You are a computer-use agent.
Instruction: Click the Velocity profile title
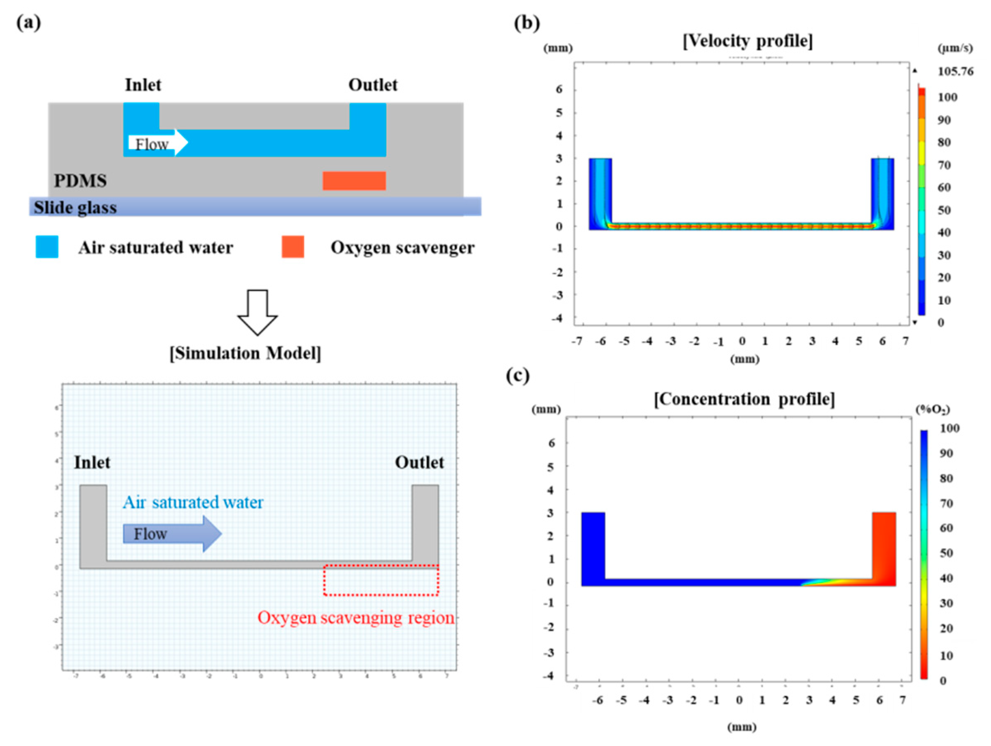click(x=747, y=41)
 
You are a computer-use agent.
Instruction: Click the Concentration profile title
click(x=744, y=398)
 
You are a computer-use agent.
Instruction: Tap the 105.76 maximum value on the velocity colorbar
click(x=955, y=72)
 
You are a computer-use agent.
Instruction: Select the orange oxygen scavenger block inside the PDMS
click(x=354, y=181)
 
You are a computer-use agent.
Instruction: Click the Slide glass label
click(x=75, y=208)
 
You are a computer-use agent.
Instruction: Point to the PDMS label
click(x=80, y=181)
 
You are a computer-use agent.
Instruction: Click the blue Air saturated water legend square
click(x=47, y=247)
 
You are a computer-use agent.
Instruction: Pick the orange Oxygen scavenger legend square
click(x=293, y=247)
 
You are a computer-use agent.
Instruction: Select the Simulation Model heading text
click(x=246, y=353)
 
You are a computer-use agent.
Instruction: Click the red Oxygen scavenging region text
click(x=356, y=617)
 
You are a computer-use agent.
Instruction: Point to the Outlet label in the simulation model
click(x=419, y=462)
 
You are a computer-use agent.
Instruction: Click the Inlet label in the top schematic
click(x=143, y=84)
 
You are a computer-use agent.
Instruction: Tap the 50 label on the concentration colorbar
click(x=946, y=553)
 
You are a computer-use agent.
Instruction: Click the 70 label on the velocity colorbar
click(x=944, y=165)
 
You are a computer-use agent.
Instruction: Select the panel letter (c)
click(x=518, y=376)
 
